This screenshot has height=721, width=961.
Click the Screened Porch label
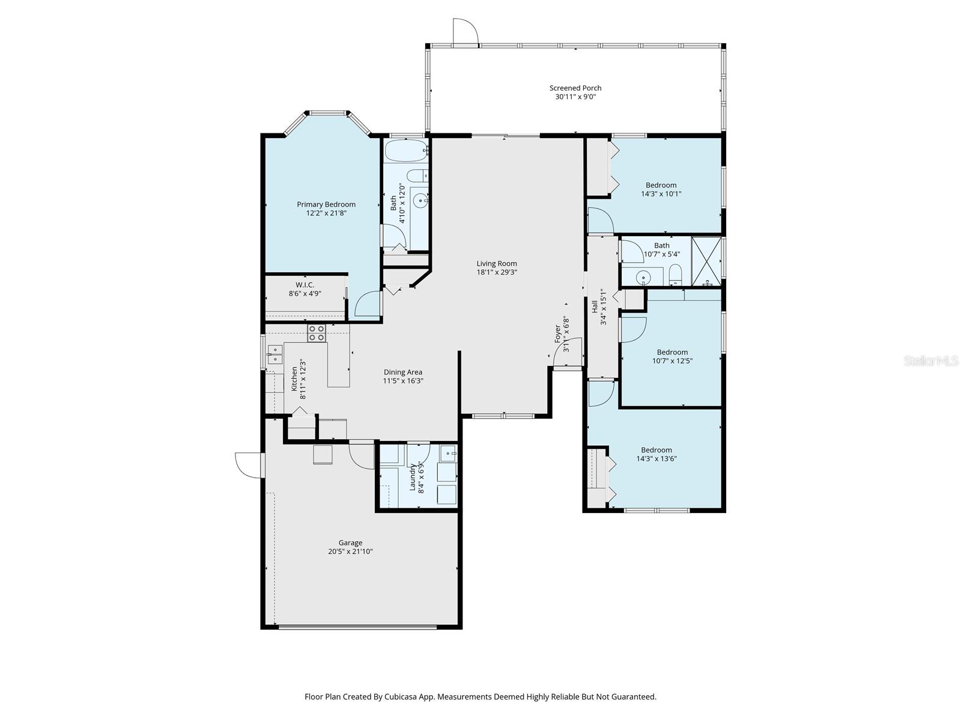(575, 88)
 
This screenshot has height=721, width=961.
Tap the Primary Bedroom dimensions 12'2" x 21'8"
(326, 213)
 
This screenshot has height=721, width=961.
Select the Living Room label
(496, 263)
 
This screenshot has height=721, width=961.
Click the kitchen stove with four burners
(317, 333)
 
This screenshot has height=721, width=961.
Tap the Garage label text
(350, 543)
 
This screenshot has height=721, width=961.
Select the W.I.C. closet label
(305, 285)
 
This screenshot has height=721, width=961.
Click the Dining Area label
(403, 372)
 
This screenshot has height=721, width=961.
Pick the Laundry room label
(413, 477)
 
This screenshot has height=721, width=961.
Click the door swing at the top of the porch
(465, 32)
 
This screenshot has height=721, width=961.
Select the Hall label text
(595, 307)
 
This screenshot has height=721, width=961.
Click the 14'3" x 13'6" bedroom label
(656, 450)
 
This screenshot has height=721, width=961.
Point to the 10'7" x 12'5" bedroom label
(672, 352)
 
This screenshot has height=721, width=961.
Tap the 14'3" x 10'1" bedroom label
(661, 185)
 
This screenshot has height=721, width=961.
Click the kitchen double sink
(275, 354)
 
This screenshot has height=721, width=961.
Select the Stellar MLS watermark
(932, 360)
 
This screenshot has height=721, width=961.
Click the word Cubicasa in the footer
(402, 697)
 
